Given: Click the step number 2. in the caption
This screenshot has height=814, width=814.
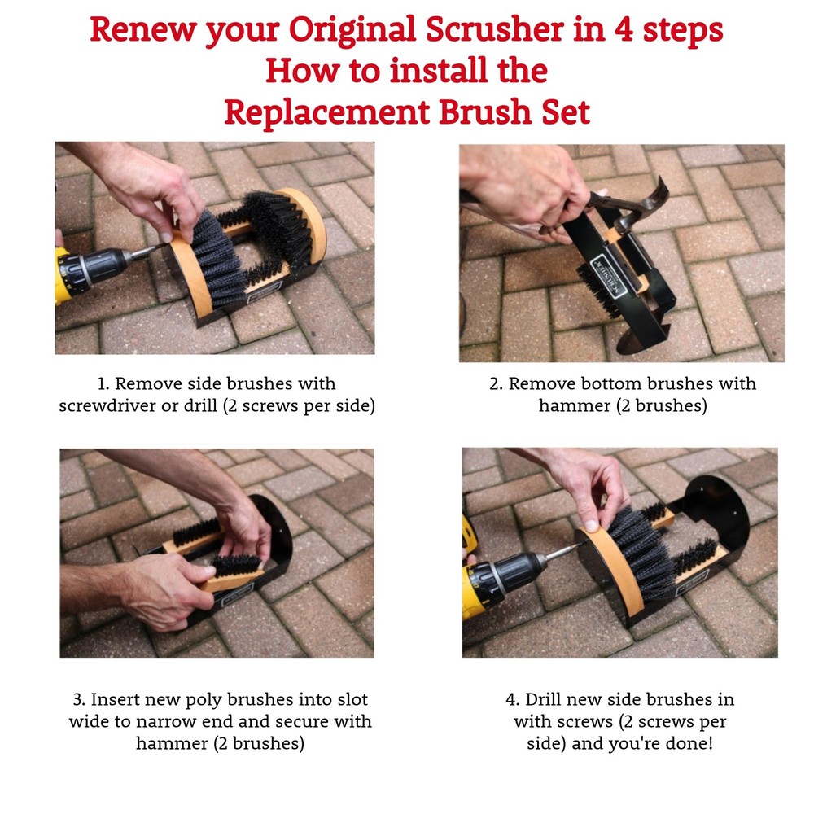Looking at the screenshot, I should [496, 383].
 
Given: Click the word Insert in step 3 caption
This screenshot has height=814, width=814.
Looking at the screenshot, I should [115, 699].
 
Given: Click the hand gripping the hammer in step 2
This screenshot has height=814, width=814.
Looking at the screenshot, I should [529, 191].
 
